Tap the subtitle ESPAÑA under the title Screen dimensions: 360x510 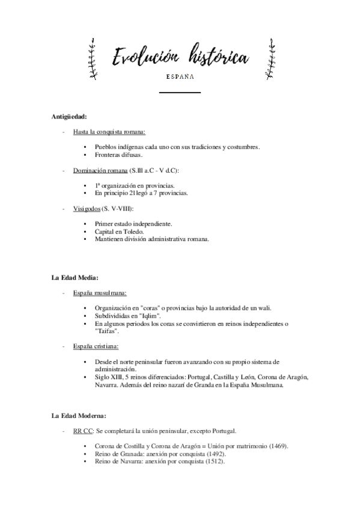[180, 77]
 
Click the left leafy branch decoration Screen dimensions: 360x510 [92, 58]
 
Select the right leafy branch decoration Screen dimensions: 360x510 [267, 58]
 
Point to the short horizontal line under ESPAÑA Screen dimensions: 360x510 [180, 93]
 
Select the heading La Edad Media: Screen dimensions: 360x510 [75, 277]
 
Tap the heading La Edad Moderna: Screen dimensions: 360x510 [79, 416]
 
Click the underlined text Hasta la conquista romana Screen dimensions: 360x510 [109, 131]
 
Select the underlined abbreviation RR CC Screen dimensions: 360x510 [83, 431]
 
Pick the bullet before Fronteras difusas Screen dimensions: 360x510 [88, 154]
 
